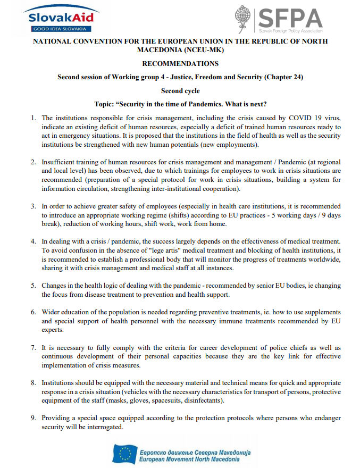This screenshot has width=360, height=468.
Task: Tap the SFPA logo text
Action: (x=290, y=20)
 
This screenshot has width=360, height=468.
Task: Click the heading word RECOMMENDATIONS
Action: (x=180, y=63)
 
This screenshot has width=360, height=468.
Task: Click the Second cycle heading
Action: (x=180, y=91)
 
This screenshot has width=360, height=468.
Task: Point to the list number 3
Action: (x=33, y=206)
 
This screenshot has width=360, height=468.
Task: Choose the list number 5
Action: (x=33, y=286)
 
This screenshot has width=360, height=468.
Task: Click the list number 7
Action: (x=33, y=347)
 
